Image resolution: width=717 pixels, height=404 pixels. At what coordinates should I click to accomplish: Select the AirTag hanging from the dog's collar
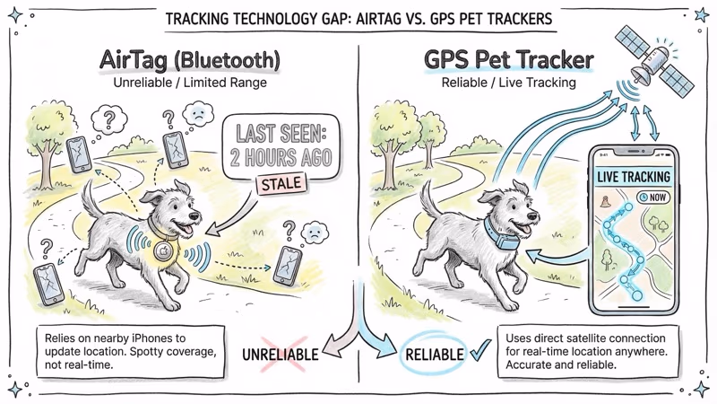pyautogui.click(x=161, y=250)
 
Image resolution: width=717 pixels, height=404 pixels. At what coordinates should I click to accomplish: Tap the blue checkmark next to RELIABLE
pyautogui.click(x=478, y=352)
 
